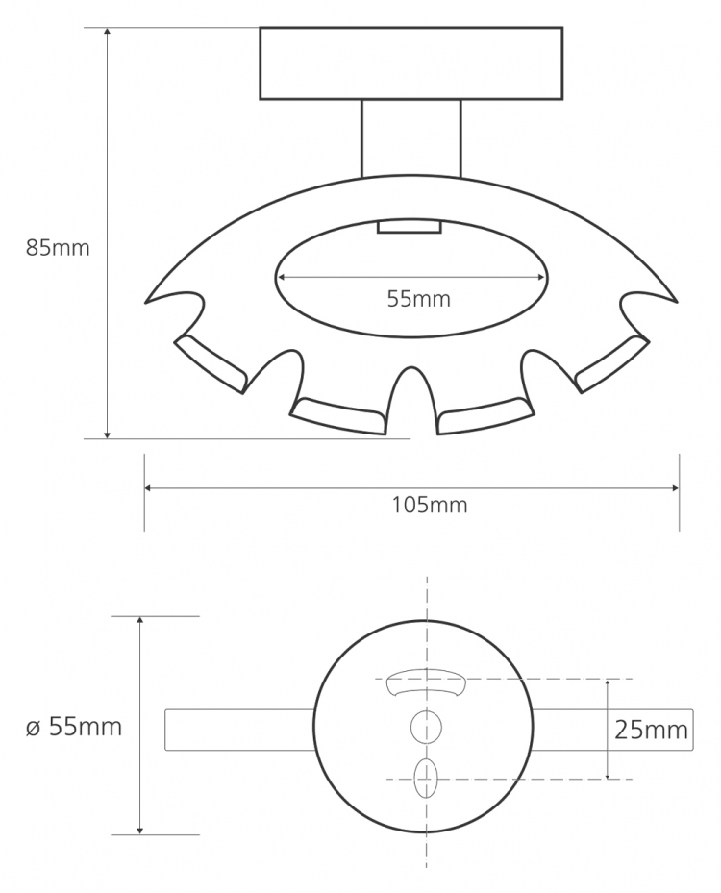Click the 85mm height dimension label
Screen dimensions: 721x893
(x=58, y=248)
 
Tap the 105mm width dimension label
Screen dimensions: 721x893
(x=430, y=506)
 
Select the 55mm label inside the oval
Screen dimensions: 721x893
(x=418, y=298)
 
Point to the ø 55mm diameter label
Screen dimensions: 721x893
(x=74, y=727)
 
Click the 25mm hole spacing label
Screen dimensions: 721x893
(x=651, y=730)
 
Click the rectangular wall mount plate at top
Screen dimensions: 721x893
(x=411, y=63)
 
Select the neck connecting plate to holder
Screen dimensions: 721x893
(x=411, y=138)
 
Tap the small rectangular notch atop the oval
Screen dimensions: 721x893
(x=410, y=226)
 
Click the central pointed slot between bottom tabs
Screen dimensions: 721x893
(x=411, y=399)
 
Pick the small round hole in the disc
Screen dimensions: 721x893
(x=426, y=727)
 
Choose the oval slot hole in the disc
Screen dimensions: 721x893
(x=426, y=779)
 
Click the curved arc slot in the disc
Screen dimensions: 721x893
(x=426, y=682)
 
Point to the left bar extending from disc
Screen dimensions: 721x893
(x=239, y=730)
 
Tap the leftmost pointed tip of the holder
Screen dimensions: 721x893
(x=146, y=302)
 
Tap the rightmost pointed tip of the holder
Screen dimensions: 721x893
(x=677, y=302)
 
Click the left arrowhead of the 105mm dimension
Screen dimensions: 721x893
(x=148, y=488)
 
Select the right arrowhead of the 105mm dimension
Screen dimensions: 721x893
(x=675, y=488)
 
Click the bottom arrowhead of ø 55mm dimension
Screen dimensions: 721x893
(x=140, y=831)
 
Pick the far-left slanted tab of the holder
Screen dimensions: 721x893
(x=211, y=363)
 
